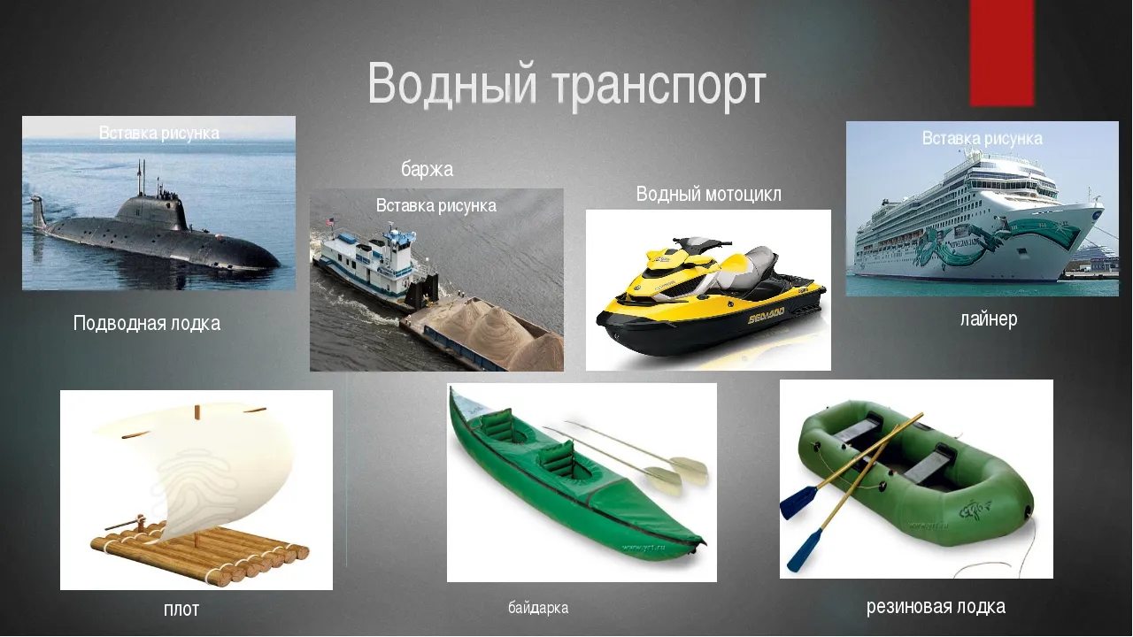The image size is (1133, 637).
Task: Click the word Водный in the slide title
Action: click(451, 84)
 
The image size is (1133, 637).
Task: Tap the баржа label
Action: click(427, 169)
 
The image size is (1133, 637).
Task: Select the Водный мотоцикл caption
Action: click(708, 194)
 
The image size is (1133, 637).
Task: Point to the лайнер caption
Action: click(989, 319)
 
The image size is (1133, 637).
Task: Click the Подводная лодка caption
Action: click(147, 324)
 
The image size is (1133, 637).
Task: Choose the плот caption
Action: click(181, 610)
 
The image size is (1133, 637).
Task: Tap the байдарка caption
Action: click(538, 607)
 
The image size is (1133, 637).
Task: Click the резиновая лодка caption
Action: click(936, 607)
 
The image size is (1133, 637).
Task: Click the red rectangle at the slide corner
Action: click(1002, 53)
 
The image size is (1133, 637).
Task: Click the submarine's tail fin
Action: click(38, 212)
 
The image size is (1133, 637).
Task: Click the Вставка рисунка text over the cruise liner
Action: click(982, 138)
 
